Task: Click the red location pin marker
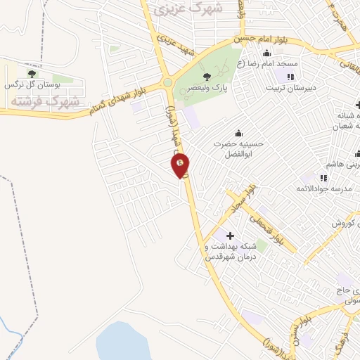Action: [x=180, y=166]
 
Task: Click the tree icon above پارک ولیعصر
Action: [x=206, y=77]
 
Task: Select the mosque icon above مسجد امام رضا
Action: [x=266, y=53]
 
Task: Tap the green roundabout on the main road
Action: [x=167, y=83]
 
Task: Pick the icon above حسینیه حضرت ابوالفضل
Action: [x=239, y=132]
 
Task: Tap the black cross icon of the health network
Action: [x=230, y=235]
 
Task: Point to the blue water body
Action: [x=123, y=342]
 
